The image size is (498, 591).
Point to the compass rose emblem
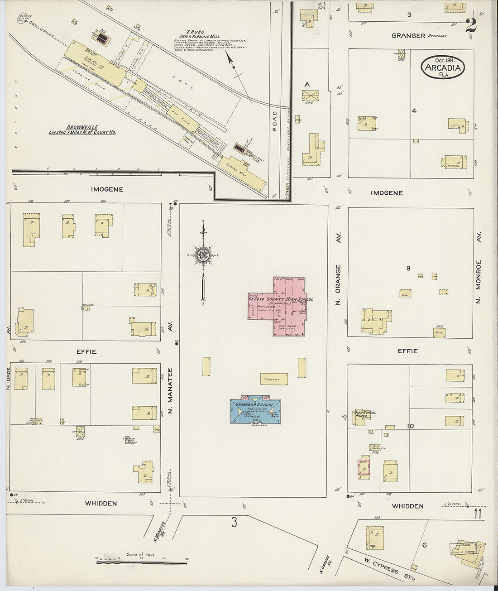[x=203, y=256]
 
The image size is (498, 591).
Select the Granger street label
[x=409, y=35]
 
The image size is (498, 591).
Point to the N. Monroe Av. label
[x=479, y=267]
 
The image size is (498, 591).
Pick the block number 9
[x=408, y=269]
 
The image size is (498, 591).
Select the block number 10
[x=410, y=426]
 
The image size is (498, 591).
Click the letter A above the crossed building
[x=307, y=84]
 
